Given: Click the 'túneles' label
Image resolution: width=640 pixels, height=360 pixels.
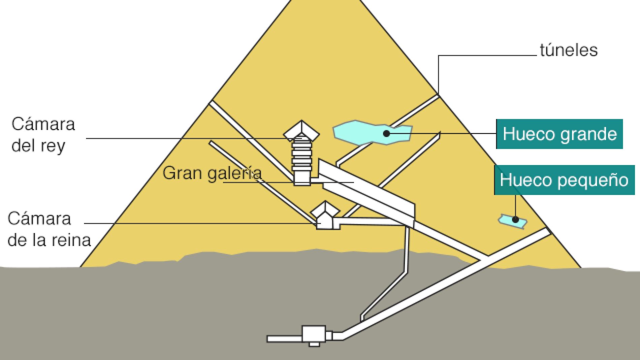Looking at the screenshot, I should point(569,51).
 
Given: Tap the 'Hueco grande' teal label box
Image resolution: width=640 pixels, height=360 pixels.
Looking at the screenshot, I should point(559,134).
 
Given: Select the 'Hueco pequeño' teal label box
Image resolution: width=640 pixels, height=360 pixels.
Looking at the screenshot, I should point(564,180).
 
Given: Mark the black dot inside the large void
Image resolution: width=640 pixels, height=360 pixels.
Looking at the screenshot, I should point(387,134).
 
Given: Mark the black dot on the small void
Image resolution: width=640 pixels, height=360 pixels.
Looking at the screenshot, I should point(515,220).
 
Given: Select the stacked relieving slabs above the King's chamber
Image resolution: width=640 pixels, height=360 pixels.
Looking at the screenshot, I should point(302,155).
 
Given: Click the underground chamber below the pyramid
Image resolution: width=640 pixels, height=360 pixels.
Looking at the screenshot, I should point(314,334).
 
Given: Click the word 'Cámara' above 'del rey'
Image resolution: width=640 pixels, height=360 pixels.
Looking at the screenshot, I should point(43,124).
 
